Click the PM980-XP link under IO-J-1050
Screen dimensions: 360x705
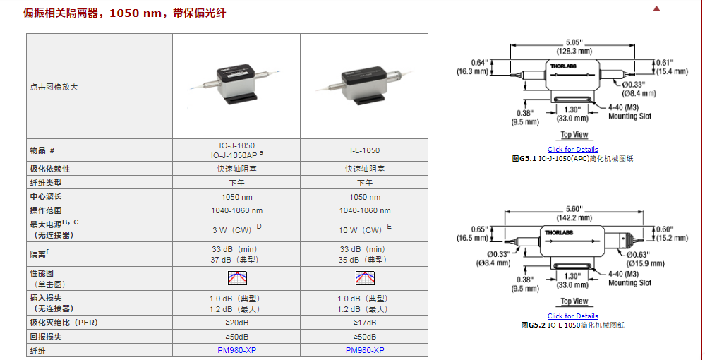tap(236, 350)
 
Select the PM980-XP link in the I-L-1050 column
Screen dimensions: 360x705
tap(365, 350)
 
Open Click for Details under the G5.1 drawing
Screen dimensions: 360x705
tap(572, 150)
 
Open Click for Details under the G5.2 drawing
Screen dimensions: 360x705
tap(572, 316)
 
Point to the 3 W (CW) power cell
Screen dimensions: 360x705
tap(237, 230)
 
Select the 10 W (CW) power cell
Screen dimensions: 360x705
tap(365, 230)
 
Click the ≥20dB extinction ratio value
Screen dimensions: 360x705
tap(236, 323)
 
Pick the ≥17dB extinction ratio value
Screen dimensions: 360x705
tap(365, 323)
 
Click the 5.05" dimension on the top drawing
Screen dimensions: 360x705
tap(573, 42)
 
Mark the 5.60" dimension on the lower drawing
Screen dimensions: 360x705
tap(573, 208)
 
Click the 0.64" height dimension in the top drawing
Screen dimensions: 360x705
tap(479, 63)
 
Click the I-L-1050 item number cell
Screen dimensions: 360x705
tap(365, 150)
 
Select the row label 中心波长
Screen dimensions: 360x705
tap(46, 196)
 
